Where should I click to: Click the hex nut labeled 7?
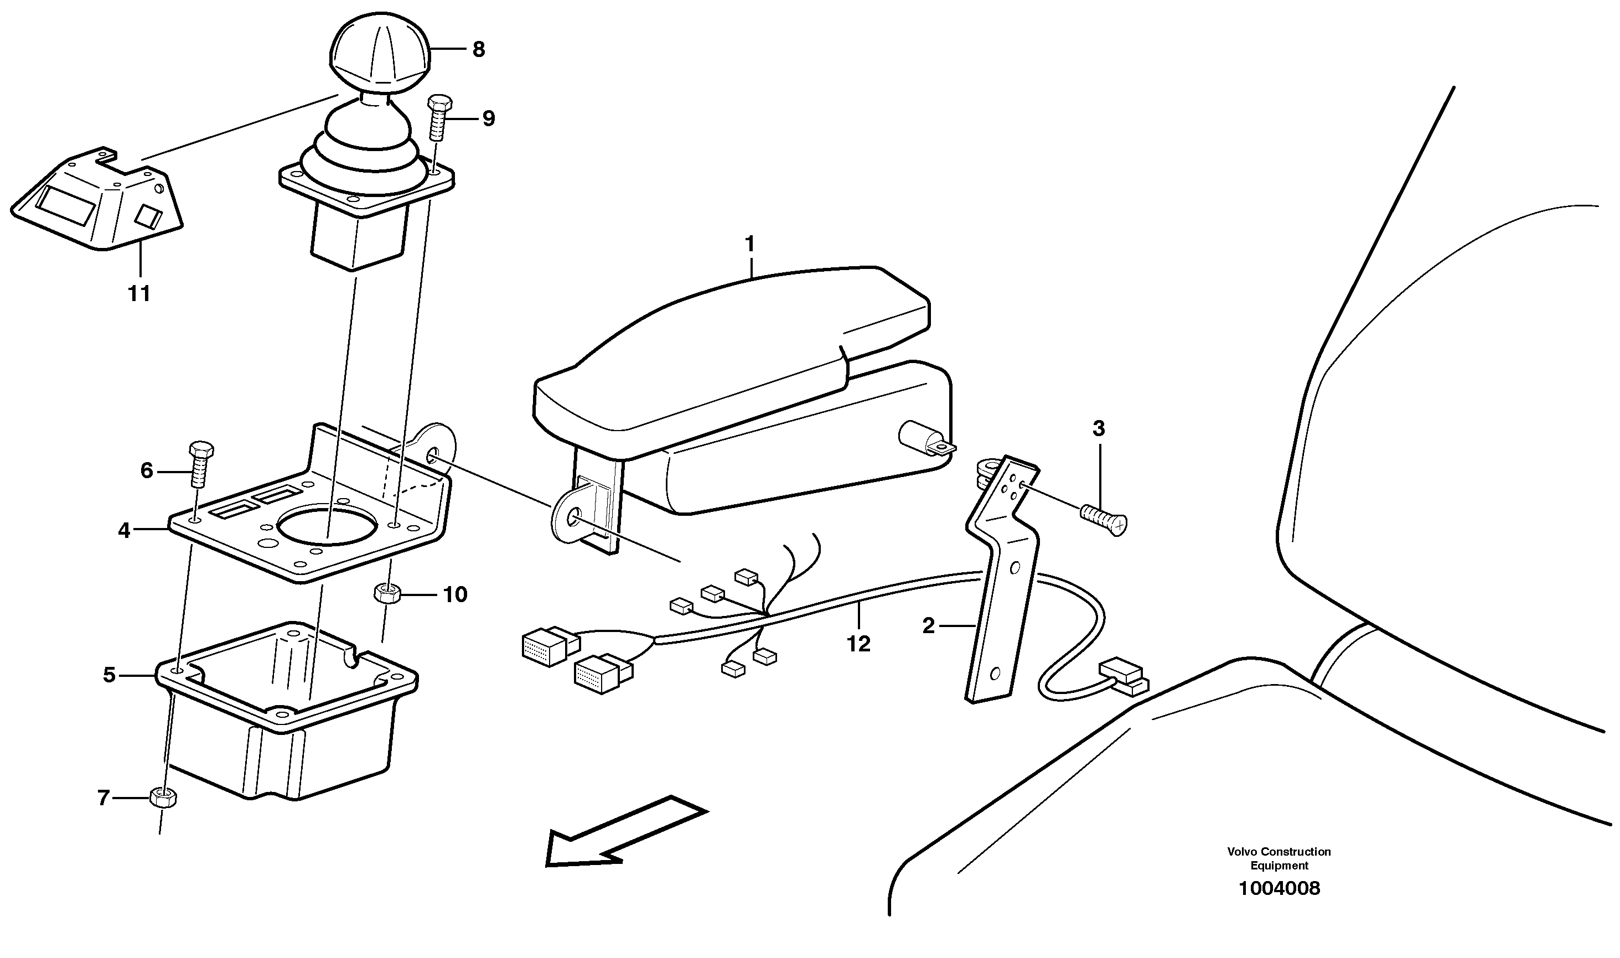[x=163, y=799]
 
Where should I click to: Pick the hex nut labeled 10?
[x=385, y=592]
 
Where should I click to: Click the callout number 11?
[x=139, y=294]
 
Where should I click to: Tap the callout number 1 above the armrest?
[x=749, y=245]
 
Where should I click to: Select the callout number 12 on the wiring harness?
[x=859, y=644]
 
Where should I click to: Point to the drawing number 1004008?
[x=1279, y=889]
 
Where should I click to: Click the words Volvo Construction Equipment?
[x=1279, y=858]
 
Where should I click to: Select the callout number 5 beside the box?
[x=109, y=675]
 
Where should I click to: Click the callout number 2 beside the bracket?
[x=928, y=626]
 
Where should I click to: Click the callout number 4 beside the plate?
[x=124, y=531]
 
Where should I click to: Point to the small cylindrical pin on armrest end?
[x=917, y=437]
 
